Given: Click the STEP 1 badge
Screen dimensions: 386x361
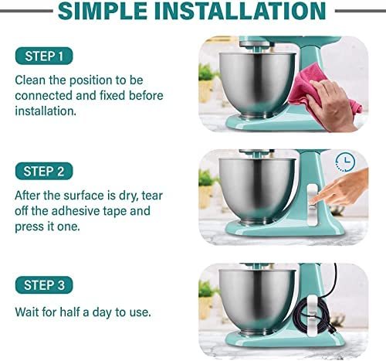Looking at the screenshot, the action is tap(44, 56).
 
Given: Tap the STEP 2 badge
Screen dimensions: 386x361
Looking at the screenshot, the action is tap(44, 171).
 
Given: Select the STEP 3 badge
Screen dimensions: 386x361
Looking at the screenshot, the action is tap(44, 285).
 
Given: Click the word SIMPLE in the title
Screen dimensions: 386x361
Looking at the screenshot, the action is tap(103, 11).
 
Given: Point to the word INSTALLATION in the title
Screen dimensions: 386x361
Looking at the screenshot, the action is tap(241, 11).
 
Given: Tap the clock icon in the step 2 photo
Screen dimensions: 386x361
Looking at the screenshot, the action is tap(345, 162).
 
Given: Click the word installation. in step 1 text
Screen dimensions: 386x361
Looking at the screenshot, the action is tap(46, 111).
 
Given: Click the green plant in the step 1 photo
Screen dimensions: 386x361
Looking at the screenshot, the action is tap(208, 73).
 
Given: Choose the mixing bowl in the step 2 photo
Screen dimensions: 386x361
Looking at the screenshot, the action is tap(257, 191).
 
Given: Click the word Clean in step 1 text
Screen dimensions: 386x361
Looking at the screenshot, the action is tap(30, 80).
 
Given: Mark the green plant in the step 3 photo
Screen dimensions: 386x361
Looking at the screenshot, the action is tap(208, 289).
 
